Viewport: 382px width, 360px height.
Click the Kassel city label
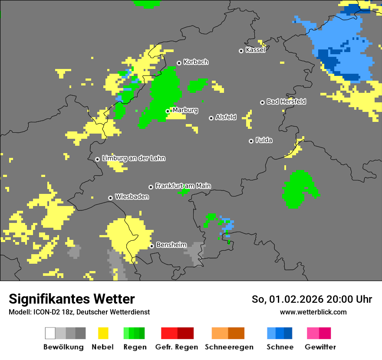click(x=255, y=50)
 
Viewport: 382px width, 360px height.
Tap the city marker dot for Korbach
click(x=179, y=63)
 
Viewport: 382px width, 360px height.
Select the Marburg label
click(x=185, y=110)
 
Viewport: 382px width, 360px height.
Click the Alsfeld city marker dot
click(x=211, y=118)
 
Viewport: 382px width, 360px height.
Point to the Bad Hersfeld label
click(x=286, y=101)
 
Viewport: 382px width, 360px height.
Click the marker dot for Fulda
click(x=251, y=141)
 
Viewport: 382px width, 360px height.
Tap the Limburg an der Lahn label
click(x=133, y=158)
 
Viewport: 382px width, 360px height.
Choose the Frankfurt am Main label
click(x=183, y=186)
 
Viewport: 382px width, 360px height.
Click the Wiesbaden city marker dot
click(x=111, y=198)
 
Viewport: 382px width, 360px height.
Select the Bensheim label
click(x=171, y=245)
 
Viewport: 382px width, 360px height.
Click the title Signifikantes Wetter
click(x=72, y=299)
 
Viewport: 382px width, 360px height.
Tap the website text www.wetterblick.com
click(x=313, y=312)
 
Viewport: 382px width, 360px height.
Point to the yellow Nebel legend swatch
click(x=103, y=333)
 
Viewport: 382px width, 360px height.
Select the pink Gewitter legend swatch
click(x=313, y=333)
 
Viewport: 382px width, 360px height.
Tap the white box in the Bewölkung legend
click(x=50, y=333)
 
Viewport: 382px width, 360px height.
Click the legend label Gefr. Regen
click(x=177, y=347)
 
